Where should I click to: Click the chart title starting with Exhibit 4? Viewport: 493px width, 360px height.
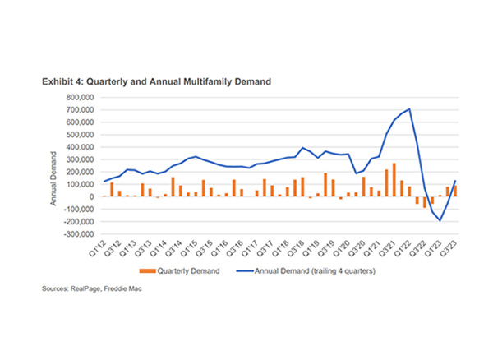(157, 82)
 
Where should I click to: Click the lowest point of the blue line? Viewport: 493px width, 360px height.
(440, 220)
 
